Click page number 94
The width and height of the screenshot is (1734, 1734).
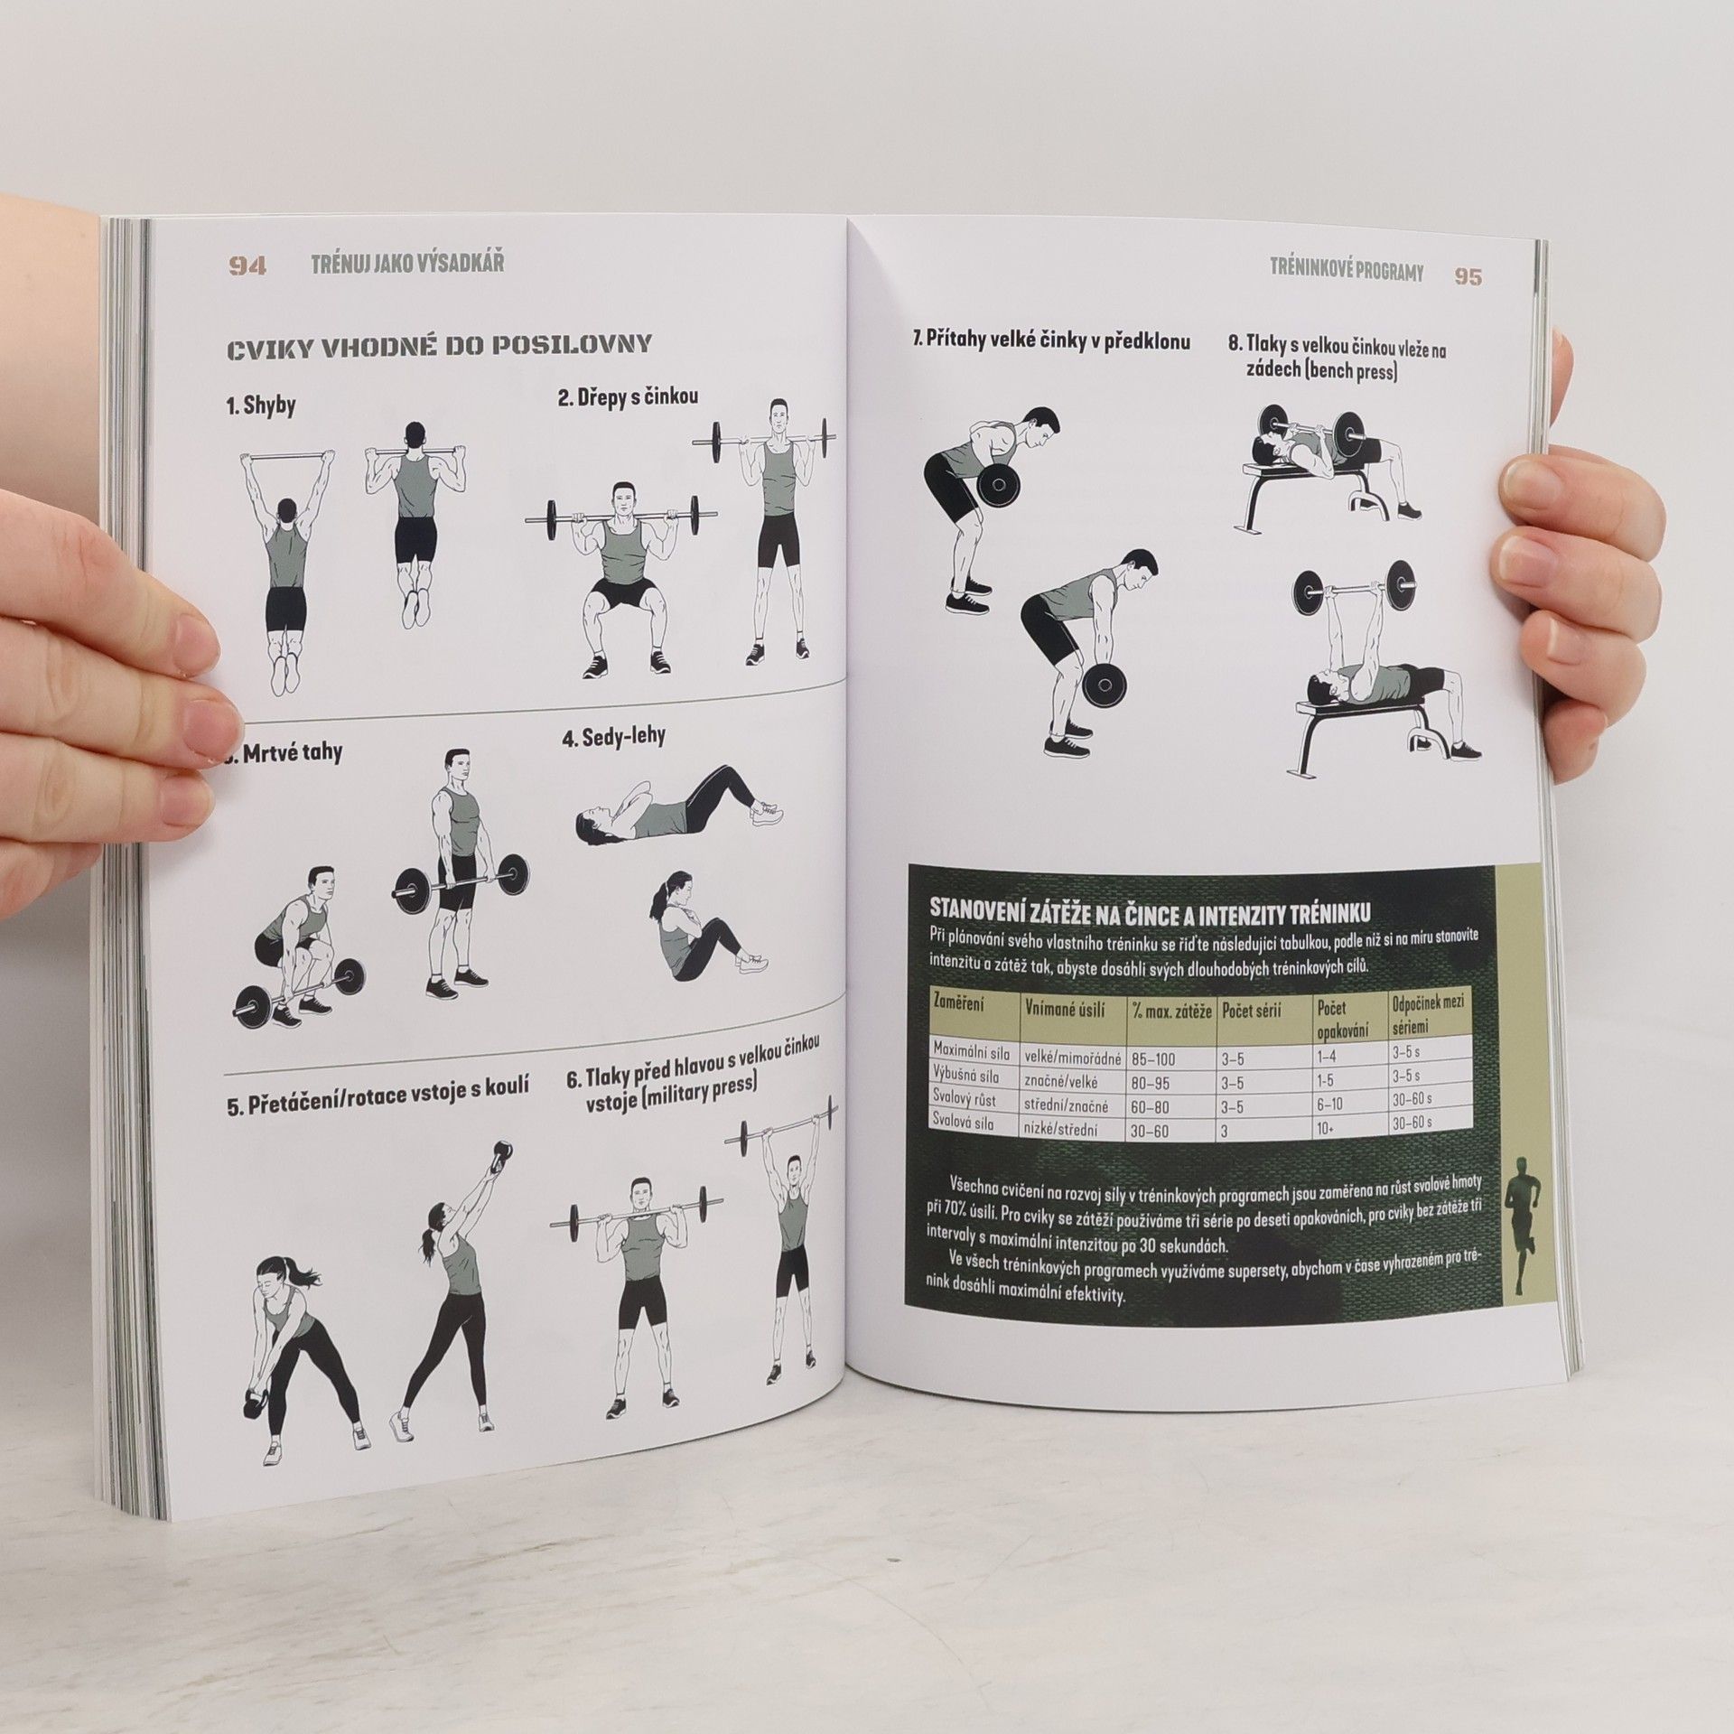pos(247,266)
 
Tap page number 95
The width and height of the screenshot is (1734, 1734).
pos(1468,275)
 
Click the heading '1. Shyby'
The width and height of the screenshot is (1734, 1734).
pos(261,406)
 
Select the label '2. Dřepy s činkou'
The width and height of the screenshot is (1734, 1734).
pos(628,396)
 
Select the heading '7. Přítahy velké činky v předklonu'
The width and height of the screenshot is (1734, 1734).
pos(1050,341)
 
